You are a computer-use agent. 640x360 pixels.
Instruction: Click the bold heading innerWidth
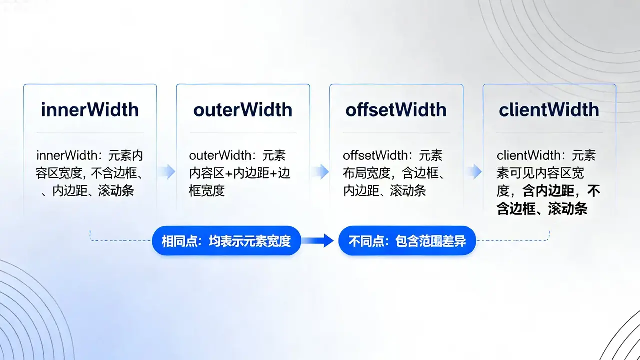tap(90, 110)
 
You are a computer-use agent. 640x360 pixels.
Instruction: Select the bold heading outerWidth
tap(243, 110)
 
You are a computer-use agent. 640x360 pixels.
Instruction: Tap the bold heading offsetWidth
tap(396, 110)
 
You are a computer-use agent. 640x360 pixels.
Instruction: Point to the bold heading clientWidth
tap(549, 110)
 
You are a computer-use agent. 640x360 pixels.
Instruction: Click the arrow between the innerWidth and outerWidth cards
tap(167, 171)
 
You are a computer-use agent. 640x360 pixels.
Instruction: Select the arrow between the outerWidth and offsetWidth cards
tap(320, 171)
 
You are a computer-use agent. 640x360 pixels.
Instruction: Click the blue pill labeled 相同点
tap(226, 241)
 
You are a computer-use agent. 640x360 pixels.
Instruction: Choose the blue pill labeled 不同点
tap(407, 241)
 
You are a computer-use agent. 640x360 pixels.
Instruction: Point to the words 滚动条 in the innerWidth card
tap(116, 191)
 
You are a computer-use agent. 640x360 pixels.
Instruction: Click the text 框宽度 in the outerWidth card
tap(207, 191)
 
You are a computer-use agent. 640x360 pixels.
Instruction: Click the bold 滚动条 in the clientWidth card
tap(568, 208)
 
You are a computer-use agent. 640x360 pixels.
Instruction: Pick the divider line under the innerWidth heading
tap(90, 133)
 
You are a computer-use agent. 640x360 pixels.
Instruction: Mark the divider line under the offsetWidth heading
tap(396, 133)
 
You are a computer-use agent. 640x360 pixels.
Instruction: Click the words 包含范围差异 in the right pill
tap(430, 241)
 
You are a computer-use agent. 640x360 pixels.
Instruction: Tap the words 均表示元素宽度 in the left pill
tap(250, 241)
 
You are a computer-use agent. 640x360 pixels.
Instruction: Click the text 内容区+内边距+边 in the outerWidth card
tap(239, 173)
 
